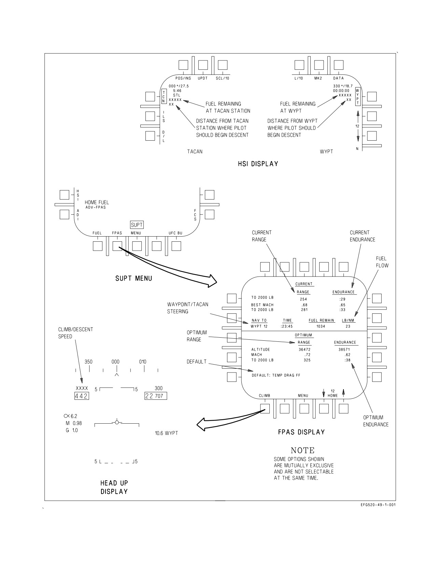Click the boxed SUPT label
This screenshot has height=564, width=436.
pos(137,225)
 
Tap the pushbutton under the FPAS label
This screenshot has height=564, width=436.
pos(117,246)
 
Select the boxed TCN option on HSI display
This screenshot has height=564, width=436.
pos(164,96)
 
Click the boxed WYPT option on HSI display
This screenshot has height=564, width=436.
pos(357,96)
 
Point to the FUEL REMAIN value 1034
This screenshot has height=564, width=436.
pos(321,326)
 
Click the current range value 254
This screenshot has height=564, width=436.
pos(304,299)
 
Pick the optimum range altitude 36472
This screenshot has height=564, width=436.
pos(305,350)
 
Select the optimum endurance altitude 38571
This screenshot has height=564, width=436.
pos(344,350)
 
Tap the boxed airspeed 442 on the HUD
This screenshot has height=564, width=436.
pos(82,396)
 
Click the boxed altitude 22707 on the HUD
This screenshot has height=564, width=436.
pos(155,396)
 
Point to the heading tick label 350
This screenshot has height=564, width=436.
pos(88,362)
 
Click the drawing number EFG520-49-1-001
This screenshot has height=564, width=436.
pos(378,505)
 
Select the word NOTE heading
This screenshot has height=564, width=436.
pos(303,450)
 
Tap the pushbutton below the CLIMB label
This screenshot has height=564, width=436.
pos(265,409)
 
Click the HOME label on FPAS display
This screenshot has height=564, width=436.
pos(333,396)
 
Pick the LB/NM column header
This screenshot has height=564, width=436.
pos(348,320)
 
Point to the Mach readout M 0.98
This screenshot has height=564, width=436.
pos(74,423)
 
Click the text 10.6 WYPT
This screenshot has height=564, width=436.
pos(167,433)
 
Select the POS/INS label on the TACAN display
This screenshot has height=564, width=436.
pos(183,78)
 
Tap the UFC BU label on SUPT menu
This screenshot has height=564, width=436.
pos(176,233)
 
